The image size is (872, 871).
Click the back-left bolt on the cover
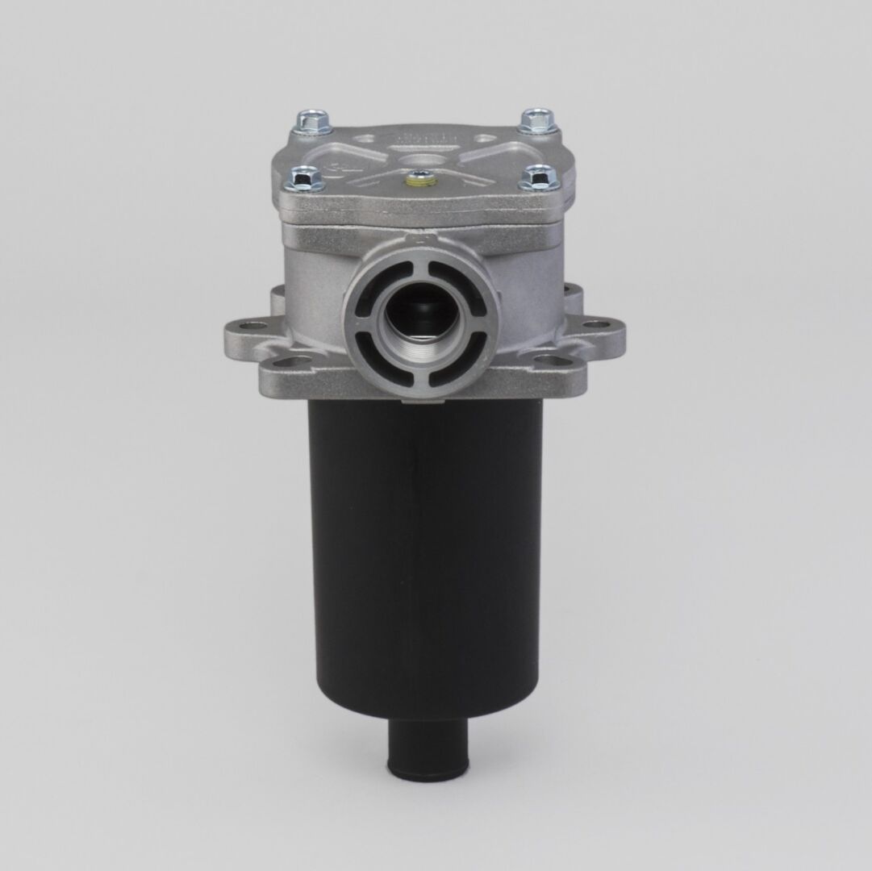pyautogui.click(x=312, y=122)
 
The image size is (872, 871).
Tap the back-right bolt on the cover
pyautogui.click(x=536, y=121)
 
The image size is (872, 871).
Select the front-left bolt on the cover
pyautogui.click(x=306, y=177)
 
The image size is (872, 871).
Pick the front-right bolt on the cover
pyautogui.click(x=539, y=177)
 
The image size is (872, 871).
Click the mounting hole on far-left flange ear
pyautogui.click(x=253, y=326)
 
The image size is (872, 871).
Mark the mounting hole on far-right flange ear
pyautogui.click(x=596, y=325)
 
